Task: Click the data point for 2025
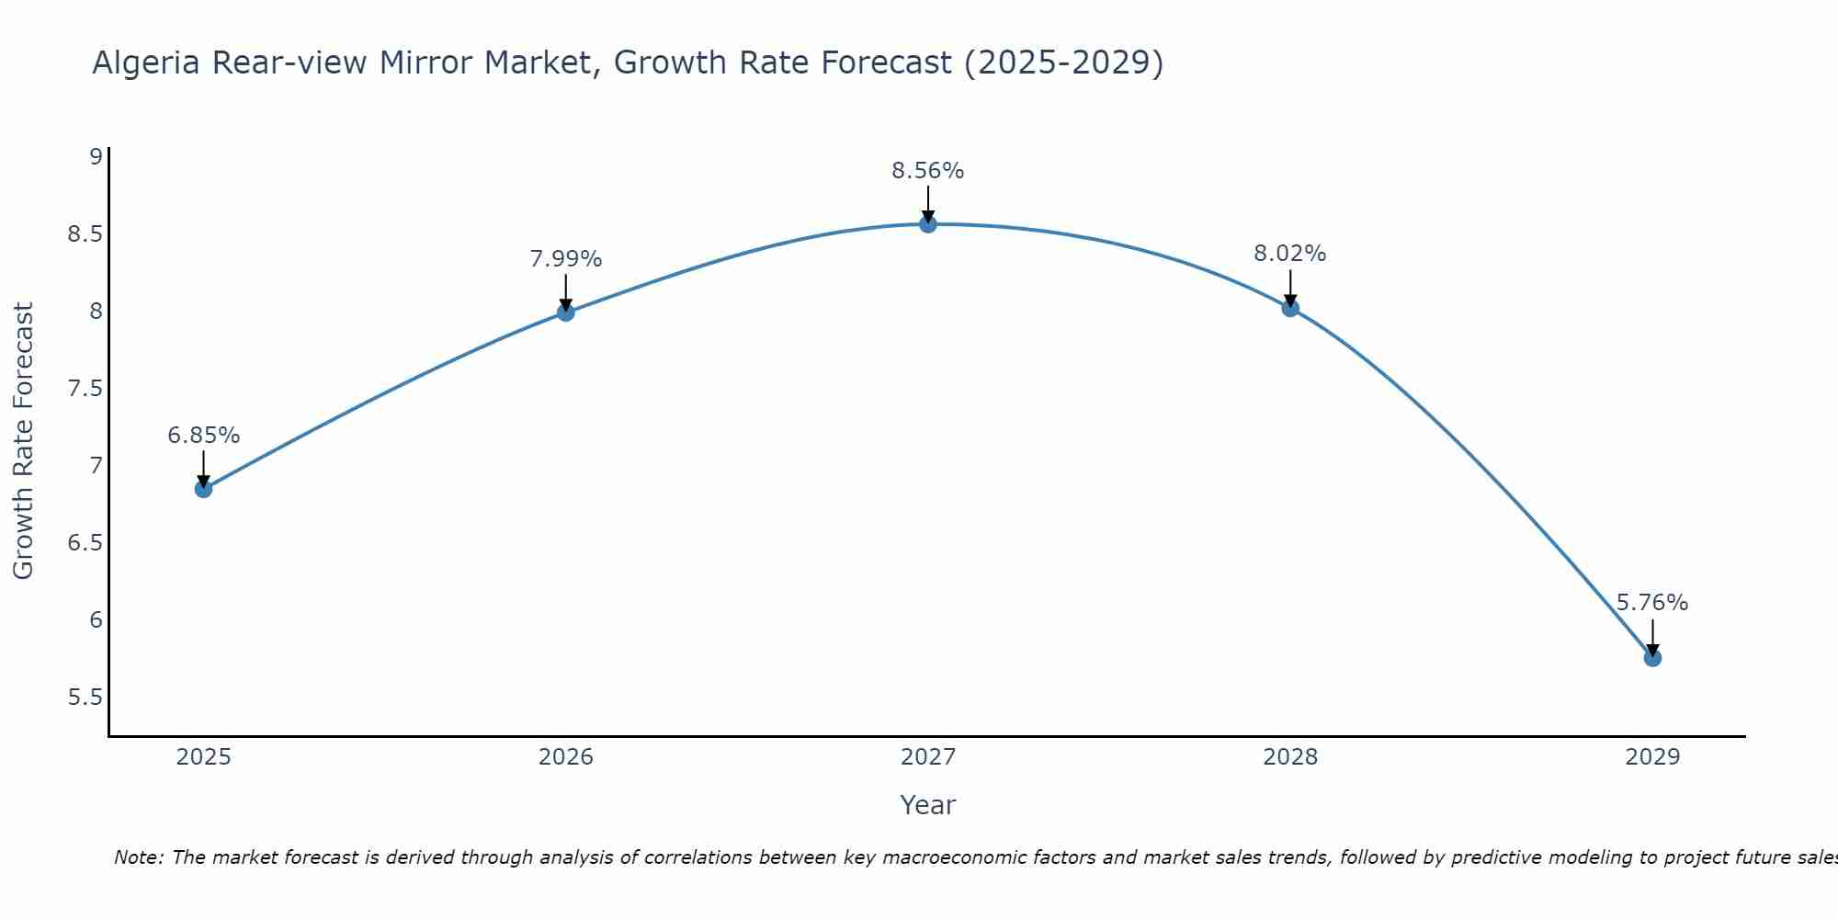(x=204, y=489)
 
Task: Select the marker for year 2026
(x=566, y=312)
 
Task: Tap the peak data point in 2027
(x=928, y=224)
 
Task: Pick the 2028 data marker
(x=1290, y=308)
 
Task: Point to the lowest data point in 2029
(x=1652, y=658)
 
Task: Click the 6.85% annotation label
(x=204, y=436)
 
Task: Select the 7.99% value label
(x=566, y=259)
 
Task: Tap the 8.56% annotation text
(x=928, y=171)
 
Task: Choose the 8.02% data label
(x=1290, y=254)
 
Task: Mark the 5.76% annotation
(x=1652, y=603)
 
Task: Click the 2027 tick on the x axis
(x=928, y=757)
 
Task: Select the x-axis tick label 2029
(x=1652, y=757)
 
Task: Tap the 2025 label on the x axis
(x=204, y=757)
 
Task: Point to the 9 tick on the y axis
(x=96, y=156)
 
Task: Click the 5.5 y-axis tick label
(x=85, y=698)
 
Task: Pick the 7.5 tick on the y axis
(x=85, y=389)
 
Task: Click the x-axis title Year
(x=928, y=805)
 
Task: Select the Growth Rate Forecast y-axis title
(x=24, y=441)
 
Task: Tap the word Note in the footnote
(x=138, y=857)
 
